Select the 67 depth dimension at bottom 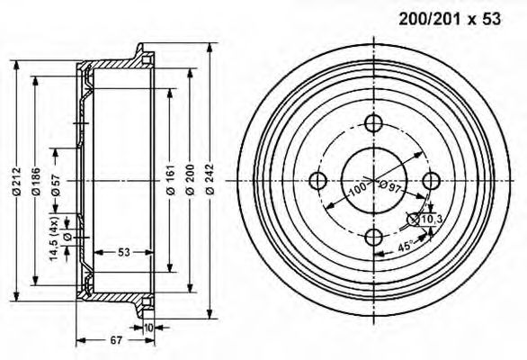tap(116, 339)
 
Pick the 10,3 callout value tap(433, 218)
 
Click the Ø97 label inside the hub tap(390, 186)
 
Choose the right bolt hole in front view tap(430, 179)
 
